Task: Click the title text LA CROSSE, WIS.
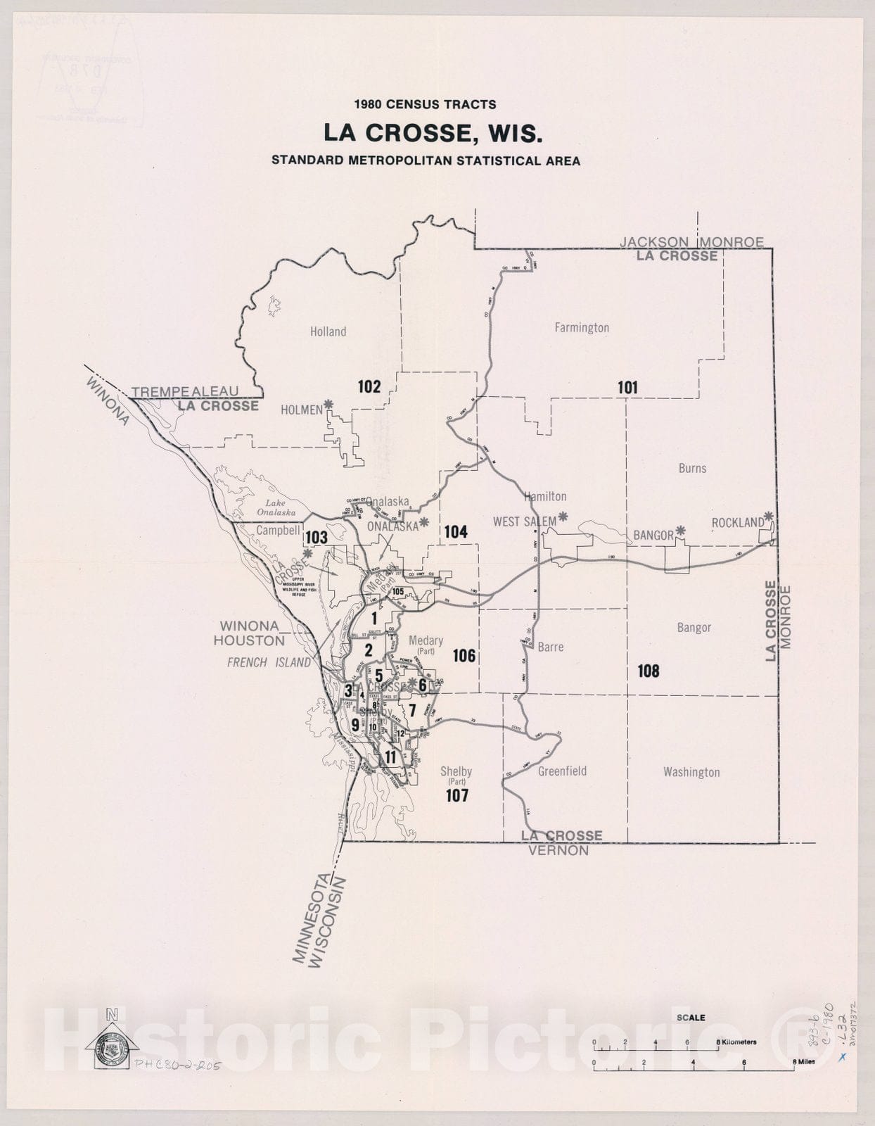[433, 132]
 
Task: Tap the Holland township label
[328, 331]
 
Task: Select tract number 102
[369, 386]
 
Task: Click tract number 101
[627, 387]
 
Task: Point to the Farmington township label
[581, 327]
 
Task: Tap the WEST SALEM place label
[524, 521]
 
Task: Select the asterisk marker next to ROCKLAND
[769, 516]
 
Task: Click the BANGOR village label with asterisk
[653, 535]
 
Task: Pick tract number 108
[648, 671]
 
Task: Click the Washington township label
[691, 772]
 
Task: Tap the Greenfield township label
[562, 771]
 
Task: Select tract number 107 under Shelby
[456, 796]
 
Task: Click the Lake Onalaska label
[276, 507]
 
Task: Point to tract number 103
[316, 538]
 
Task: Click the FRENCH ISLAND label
[268, 662]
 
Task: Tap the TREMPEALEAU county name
[185, 391]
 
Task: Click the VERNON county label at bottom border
[558, 850]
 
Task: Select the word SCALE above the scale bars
[690, 1018]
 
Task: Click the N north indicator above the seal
[111, 1014]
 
